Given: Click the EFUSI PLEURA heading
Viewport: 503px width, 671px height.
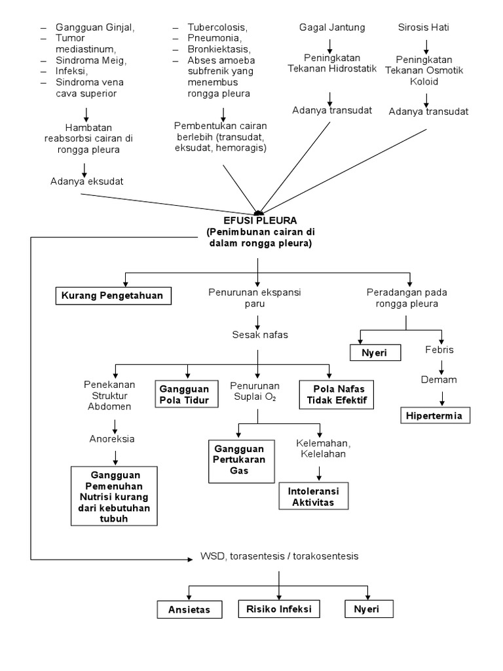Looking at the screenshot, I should (259, 221).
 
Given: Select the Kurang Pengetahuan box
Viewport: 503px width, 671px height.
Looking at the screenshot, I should (113, 296).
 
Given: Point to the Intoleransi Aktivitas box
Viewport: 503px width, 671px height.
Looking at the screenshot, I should (314, 496).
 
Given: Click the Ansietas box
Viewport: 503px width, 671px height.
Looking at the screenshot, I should (190, 610).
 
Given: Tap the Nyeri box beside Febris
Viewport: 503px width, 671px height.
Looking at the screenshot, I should (373, 353).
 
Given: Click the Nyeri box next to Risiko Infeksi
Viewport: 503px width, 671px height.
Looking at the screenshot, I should (370, 609).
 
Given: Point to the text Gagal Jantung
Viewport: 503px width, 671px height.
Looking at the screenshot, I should (332, 28).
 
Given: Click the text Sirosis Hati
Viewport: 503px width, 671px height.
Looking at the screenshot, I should (423, 28).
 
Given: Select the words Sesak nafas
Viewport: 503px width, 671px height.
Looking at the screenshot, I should (259, 335).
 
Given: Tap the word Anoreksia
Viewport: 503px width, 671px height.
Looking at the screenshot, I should (112, 438).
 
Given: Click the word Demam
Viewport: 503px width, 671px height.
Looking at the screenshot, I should (438, 379).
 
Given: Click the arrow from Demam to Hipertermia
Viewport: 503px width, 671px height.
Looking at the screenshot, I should (443, 396).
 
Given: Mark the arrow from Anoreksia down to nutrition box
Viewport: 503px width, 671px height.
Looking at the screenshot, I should (115, 456).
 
